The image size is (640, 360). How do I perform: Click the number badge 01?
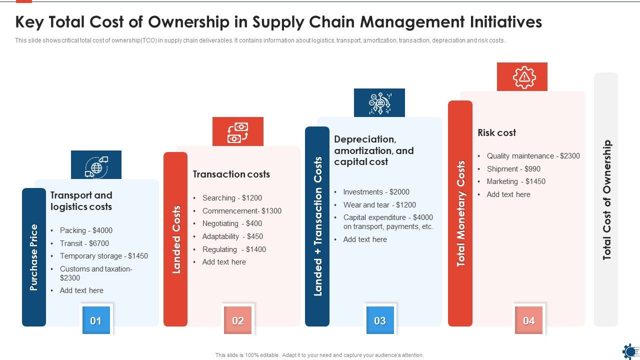(x=95, y=321)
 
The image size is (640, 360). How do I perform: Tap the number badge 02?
(x=238, y=321)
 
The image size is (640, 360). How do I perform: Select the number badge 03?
(x=380, y=321)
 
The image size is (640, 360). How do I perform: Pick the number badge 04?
(x=528, y=321)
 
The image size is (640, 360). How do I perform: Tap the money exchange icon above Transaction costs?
(x=238, y=132)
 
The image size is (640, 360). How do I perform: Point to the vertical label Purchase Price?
(x=34, y=257)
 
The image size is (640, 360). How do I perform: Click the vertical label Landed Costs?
(x=176, y=239)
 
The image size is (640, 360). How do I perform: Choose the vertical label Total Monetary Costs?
(x=460, y=213)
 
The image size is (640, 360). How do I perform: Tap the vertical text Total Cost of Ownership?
(x=606, y=200)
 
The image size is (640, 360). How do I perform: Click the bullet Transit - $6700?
(x=84, y=243)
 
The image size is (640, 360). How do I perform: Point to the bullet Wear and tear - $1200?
(x=379, y=205)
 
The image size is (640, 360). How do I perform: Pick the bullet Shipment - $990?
(x=513, y=169)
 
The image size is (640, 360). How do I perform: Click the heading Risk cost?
(x=496, y=133)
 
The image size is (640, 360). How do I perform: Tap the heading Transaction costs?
(x=231, y=174)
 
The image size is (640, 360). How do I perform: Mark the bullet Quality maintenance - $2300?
(x=533, y=156)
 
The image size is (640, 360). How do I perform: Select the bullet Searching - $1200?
(x=232, y=198)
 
